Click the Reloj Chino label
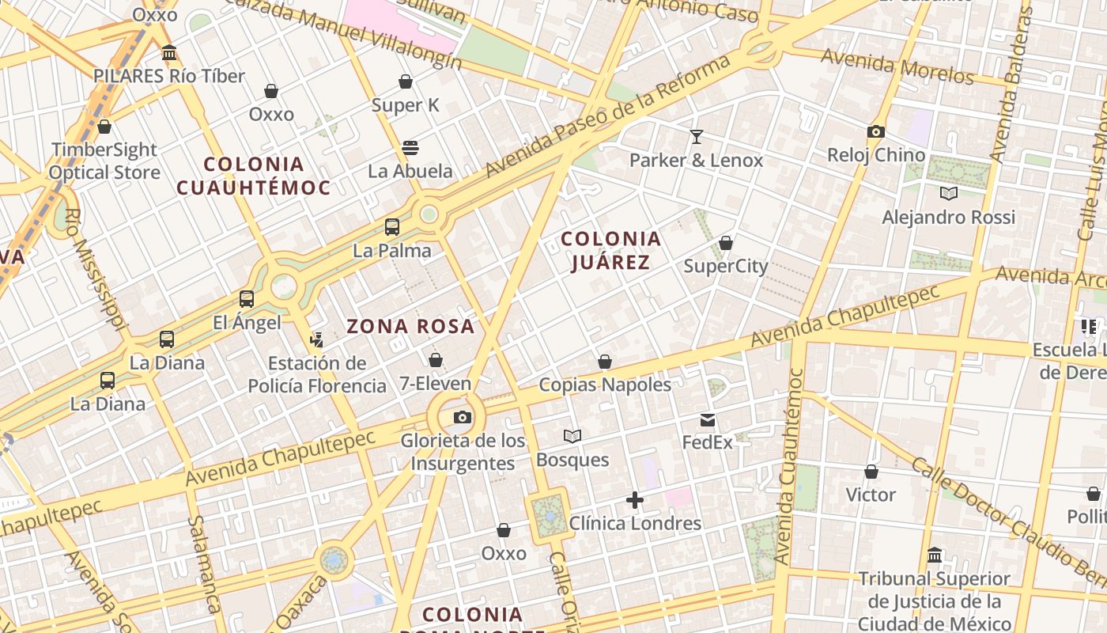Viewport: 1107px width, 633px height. [876, 154]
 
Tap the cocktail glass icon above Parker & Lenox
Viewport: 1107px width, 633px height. [696, 137]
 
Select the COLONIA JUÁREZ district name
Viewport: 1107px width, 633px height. [610, 250]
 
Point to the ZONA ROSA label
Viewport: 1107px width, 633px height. [410, 326]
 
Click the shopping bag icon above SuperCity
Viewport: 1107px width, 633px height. [725, 243]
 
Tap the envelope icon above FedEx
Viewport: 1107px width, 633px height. [707, 420]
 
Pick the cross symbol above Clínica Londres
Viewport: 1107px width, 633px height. [634, 500]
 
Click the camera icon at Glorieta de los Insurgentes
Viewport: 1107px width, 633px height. [463, 417]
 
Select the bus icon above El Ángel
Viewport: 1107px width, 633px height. [247, 299]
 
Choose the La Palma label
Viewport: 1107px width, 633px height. [392, 251]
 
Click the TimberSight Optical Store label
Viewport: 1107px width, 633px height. [104, 161]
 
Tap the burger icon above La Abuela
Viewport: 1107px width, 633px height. [410, 147]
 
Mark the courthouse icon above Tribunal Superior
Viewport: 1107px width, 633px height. [935, 555]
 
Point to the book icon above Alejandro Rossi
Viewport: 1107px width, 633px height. [948, 193]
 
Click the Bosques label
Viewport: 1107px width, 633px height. [572, 460]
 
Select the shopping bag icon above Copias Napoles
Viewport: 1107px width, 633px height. [605, 362]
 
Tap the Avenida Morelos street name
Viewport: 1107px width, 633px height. [897, 66]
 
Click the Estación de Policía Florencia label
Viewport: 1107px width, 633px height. [317, 374]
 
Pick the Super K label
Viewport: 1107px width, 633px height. [405, 105]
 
